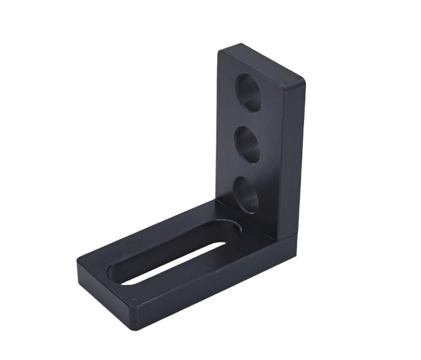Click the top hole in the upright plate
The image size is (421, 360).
click(x=249, y=92)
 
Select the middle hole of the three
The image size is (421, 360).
click(x=246, y=145)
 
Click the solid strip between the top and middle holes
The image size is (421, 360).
click(x=248, y=119)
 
